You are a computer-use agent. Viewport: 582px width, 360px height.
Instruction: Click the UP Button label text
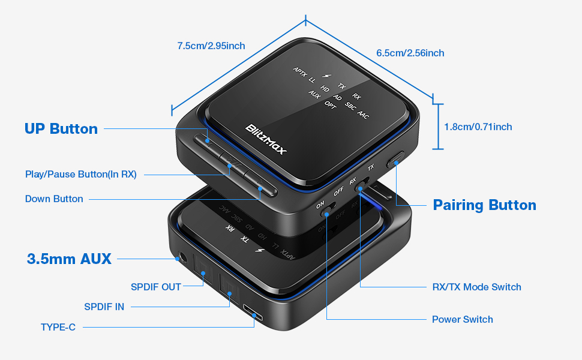coord(61,129)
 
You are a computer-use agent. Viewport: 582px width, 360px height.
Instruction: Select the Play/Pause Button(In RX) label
coord(81,175)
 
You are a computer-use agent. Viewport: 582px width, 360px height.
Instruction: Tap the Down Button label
coord(54,199)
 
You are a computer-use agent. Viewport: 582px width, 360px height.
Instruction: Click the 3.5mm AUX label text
coord(69,259)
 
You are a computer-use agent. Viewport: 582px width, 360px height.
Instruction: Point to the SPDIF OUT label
coord(155,287)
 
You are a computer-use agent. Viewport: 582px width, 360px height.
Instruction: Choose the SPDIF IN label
coord(104,307)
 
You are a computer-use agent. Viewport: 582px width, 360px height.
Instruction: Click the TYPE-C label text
coord(58,327)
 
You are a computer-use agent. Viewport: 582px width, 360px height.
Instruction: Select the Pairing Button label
coord(484,205)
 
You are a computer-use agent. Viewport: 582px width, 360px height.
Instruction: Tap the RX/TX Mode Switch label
coord(476,287)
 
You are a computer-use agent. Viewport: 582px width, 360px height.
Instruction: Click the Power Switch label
coord(462,319)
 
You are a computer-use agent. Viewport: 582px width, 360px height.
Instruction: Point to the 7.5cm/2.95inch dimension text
coord(211,46)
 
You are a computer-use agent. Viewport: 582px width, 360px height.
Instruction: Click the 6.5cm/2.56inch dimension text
coord(410,53)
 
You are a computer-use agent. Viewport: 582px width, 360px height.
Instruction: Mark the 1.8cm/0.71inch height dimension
coord(478,127)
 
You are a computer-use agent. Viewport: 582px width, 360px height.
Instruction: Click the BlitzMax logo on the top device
coord(266,139)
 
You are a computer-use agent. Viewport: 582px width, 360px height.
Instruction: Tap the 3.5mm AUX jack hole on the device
coord(178,259)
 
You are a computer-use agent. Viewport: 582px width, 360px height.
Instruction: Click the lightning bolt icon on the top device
coord(326,77)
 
